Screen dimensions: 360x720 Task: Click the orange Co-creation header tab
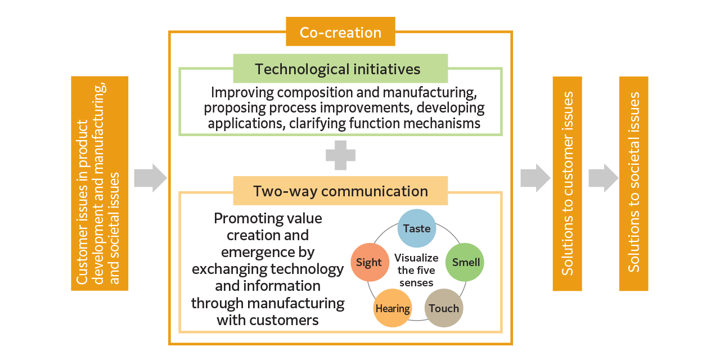pyautogui.click(x=340, y=32)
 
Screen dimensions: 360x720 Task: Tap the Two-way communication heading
pyautogui.click(x=340, y=191)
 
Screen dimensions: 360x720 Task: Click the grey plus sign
pyautogui.click(x=340, y=155)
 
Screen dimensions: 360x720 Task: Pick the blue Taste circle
pyautogui.click(x=417, y=228)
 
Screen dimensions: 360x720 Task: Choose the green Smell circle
pyautogui.click(x=465, y=262)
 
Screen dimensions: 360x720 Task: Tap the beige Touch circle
pyautogui.click(x=444, y=308)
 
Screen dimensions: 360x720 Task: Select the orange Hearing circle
pyautogui.click(x=393, y=308)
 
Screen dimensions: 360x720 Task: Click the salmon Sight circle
pyautogui.click(x=369, y=262)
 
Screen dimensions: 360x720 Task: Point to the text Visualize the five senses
pyautogui.click(x=416, y=270)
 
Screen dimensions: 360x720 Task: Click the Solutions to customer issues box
pyautogui.click(x=567, y=184)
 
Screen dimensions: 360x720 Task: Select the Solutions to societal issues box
pyautogui.click(x=633, y=184)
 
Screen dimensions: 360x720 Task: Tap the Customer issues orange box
pyautogui.click(x=100, y=183)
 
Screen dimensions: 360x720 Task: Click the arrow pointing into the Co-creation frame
pyautogui.click(x=150, y=178)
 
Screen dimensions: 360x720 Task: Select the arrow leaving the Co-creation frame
pyautogui.click(x=535, y=178)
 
